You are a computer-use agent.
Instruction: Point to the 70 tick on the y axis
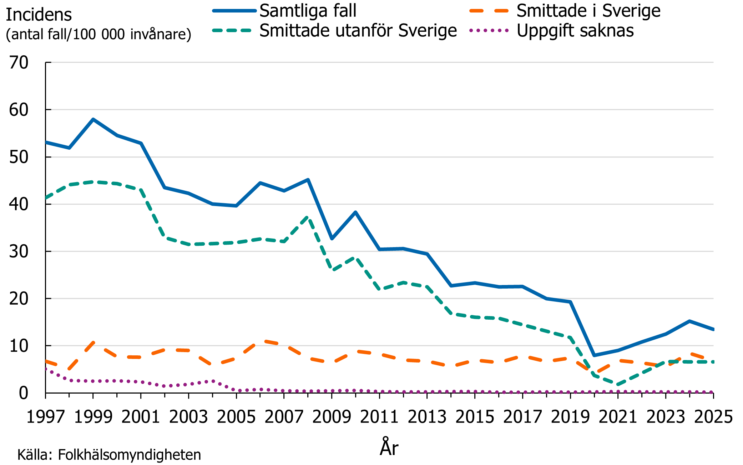(19, 62)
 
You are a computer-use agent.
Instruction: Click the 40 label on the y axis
(19, 204)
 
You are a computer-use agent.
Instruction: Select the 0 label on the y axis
(23, 393)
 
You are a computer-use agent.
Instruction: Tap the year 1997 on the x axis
(46, 417)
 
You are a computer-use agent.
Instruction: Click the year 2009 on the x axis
(332, 417)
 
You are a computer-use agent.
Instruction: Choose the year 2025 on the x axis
(713, 417)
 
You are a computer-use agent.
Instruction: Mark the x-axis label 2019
(570, 417)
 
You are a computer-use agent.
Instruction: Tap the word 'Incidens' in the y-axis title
(39, 15)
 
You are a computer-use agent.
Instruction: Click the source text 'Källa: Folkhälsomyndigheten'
(109, 455)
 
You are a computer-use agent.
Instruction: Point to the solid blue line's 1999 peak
(93, 119)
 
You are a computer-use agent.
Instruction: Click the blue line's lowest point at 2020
(594, 355)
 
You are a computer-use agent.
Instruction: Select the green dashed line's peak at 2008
(308, 216)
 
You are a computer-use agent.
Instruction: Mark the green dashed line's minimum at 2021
(618, 385)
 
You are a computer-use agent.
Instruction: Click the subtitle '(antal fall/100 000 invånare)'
(98, 34)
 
